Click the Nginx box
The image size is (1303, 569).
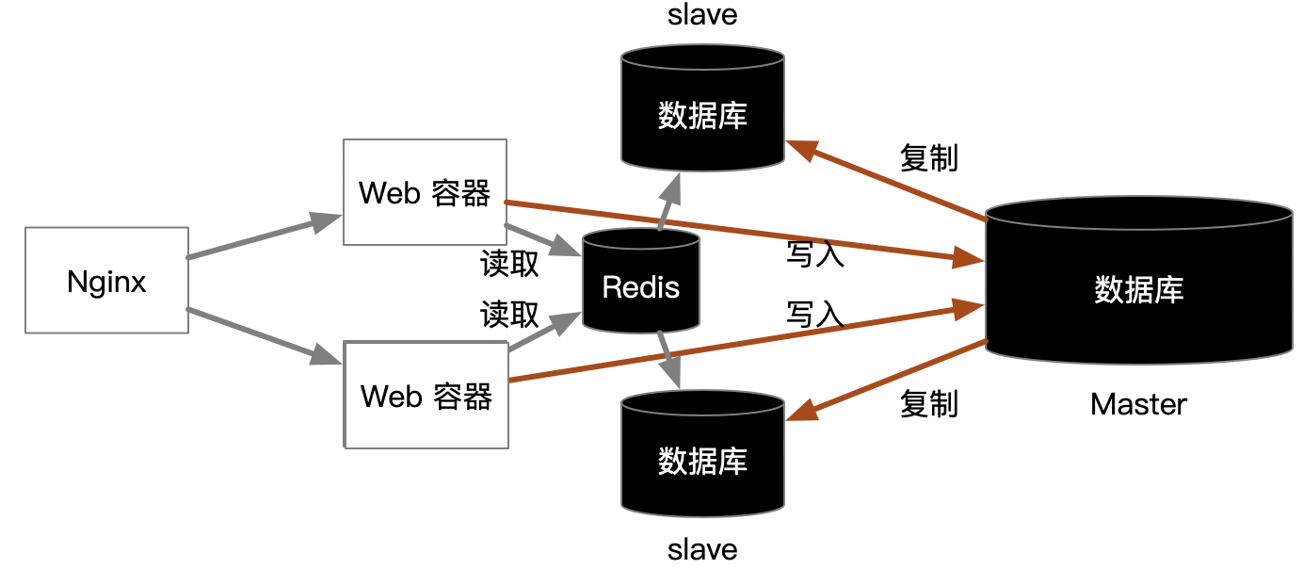click(106, 280)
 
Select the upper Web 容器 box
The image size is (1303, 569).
click(425, 192)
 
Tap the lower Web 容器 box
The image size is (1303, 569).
click(426, 395)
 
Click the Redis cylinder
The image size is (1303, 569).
click(640, 281)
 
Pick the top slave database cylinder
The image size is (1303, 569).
click(702, 108)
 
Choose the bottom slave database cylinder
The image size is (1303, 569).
click(702, 454)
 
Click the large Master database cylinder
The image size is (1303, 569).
click(1138, 281)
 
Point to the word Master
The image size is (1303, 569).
click(1138, 404)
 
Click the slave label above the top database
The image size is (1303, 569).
click(702, 15)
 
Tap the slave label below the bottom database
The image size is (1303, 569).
click(702, 550)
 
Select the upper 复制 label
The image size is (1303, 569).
click(929, 157)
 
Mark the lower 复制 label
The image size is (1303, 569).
click(929, 404)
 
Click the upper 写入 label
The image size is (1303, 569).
click(815, 254)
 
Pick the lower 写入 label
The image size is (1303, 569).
click(815, 314)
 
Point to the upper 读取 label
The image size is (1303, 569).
click(509, 264)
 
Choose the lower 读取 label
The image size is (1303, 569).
click(509, 314)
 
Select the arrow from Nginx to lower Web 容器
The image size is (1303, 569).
click(265, 336)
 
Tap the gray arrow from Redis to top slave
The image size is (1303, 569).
click(669, 202)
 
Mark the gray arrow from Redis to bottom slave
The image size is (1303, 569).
click(669, 360)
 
